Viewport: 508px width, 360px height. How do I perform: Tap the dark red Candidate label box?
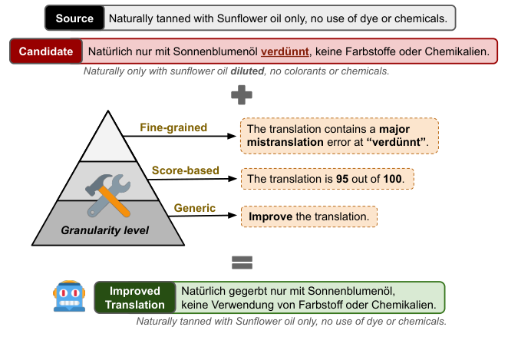coord(47,52)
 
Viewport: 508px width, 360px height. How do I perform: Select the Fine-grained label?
coord(173,127)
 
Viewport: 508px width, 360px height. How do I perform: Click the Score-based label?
coord(186,170)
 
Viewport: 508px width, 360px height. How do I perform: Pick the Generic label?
coord(190,207)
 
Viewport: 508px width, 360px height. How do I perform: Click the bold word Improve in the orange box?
coord(270,217)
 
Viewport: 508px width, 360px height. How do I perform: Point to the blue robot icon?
coord(69,297)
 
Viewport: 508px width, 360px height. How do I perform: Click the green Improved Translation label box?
coord(134,298)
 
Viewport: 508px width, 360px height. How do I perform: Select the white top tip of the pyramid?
coord(108,134)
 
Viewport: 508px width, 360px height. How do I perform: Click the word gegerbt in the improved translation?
coord(250,291)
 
